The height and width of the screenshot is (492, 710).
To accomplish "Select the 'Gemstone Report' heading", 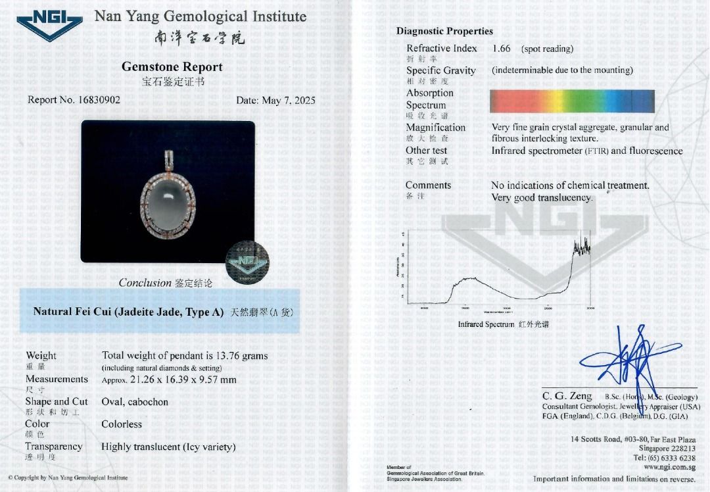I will (x=172, y=66).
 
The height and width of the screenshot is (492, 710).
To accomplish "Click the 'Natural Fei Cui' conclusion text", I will (x=129, y=312).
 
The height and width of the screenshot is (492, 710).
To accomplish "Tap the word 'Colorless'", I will (x=122, y=424).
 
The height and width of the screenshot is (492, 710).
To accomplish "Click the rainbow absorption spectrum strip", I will (x=572, y=101).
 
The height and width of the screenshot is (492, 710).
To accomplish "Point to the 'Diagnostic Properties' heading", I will (x=444, y=31).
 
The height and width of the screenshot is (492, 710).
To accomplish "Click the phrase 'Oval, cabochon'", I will (x=135, y=402).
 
